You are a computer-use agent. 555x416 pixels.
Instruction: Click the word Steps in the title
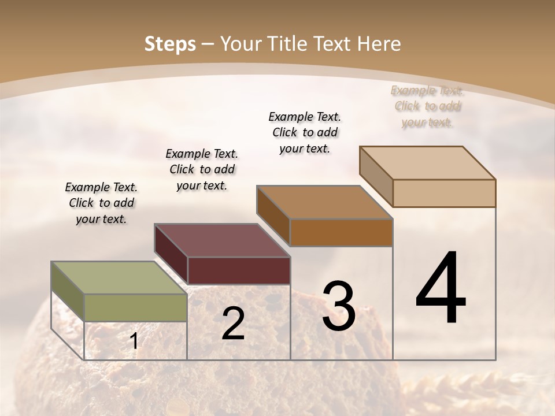pyautogui.click(x=169, y=44)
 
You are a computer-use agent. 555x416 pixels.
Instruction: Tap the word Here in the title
pyautogui.click(x=379, y=44)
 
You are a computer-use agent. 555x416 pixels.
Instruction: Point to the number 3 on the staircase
pyautogui.click(x=338, y=306)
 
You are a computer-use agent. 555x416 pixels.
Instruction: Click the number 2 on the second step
pyautogui.click(x=233, y=324)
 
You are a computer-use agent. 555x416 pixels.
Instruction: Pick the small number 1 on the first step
pyautogui.click(x=134, y=341)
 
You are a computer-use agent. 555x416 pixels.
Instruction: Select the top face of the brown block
pyautogui.click(x=324, y=202)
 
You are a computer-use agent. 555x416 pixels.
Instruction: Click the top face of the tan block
pyautogui.click(x=427, y=163)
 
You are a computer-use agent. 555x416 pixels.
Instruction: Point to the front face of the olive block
pyautogui.click(x=136, y=307)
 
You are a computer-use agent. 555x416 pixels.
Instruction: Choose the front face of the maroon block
pyautogui.click(x=239, y=270)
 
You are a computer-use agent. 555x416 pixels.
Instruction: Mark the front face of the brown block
pyautogui.click(x=341, y=232)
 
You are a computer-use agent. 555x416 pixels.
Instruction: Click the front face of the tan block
pyautogui.click(x=444, y=193)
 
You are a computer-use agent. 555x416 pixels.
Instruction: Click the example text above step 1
pyautogui.click(x=101, y=203)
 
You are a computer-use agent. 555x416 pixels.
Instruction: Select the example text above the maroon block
pyautogui.click(x=202, y=170)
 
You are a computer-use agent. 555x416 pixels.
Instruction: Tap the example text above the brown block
pyautogui.click(x=305, y=132)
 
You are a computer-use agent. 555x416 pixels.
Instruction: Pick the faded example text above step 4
pyautogui.click(x=427, y=106)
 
